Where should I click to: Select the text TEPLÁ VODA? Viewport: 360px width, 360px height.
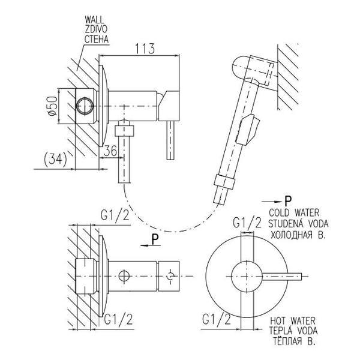294,331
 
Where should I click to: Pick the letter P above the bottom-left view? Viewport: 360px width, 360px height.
154,238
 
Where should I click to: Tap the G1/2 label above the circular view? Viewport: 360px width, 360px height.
247,223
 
